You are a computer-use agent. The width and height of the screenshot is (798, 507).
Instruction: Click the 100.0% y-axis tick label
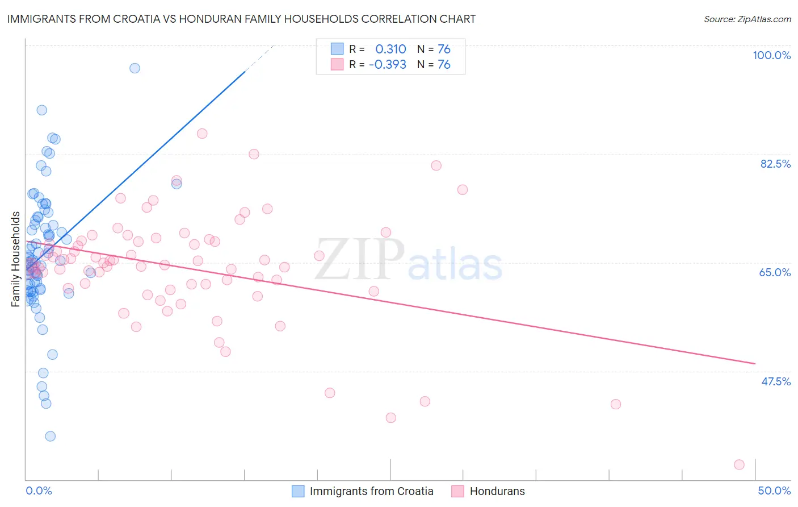point(771,55)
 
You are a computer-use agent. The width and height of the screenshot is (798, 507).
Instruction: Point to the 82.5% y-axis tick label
point(775,164)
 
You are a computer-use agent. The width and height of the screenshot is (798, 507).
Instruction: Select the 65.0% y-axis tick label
point(775,272)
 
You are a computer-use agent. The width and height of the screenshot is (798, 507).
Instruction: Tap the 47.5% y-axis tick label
point(775,381)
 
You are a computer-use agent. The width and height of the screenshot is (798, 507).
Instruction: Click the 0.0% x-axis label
point(39,491)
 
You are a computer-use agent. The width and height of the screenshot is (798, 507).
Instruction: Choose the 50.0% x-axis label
point(774,491)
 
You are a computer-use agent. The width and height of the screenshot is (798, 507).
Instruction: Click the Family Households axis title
point(15,259)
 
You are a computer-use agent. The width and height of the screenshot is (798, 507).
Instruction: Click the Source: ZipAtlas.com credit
point(747,19)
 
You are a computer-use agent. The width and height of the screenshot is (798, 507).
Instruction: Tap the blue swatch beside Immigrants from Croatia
point(298,491)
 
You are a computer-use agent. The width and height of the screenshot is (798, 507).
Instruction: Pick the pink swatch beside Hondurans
point(458,491)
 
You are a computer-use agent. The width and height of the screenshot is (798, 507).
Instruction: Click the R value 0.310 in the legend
point(390,49)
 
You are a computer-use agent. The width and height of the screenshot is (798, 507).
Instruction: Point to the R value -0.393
point(387,64)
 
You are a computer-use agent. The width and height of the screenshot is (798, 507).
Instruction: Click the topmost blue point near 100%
point(135,68)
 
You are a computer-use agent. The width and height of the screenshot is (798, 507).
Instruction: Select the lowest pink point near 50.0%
point(739,464)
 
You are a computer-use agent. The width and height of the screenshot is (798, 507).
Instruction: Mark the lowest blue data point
point(51,436)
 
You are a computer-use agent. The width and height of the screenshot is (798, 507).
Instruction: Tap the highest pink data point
point(202,134)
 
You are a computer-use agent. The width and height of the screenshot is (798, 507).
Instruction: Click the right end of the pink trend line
point(755,363)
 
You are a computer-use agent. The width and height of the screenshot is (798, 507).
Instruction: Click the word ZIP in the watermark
point(359,260)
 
